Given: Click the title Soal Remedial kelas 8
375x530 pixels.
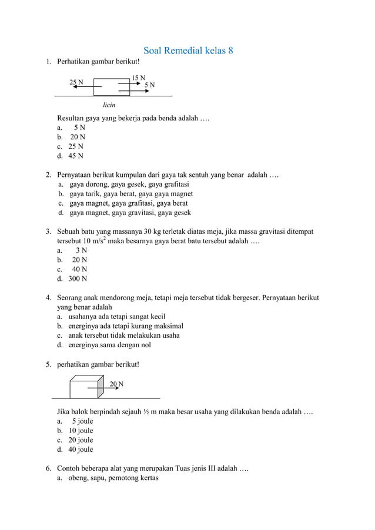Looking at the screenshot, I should point(188,50).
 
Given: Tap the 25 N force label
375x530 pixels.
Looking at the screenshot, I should point(76,82).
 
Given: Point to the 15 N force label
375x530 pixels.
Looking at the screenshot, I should point(138,78).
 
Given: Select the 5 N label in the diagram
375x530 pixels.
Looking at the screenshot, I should point(150,86).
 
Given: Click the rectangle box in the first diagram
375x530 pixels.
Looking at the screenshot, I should point(111,87).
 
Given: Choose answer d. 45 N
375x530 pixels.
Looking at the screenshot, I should point(70,156).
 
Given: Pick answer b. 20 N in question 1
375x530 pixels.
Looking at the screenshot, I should point(71,137).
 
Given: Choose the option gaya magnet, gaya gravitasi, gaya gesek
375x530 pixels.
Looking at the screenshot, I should point(130,213).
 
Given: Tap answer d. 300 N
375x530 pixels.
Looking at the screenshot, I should point(72,279).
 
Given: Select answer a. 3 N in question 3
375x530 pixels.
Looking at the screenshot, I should point(73,250).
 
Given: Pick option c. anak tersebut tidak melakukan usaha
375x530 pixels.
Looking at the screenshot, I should point(123,336).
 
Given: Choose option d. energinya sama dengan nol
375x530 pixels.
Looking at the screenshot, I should point(109,345).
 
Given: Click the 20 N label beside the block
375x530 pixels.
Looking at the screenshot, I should point(116,384).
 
